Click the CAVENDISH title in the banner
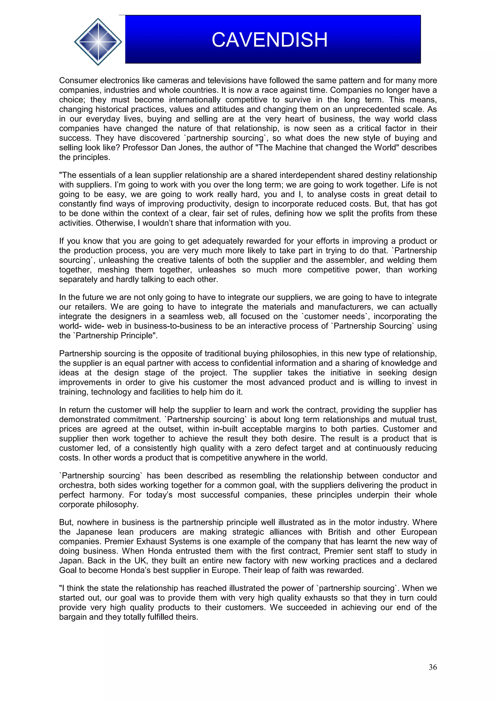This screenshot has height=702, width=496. pos(270,40)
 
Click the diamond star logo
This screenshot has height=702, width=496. pos(98,42)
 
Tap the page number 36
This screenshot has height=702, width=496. pos(433,667)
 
